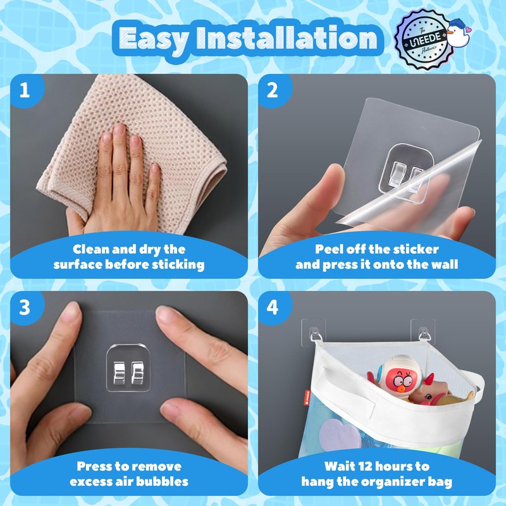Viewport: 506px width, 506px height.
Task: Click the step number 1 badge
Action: pyautogui.click(x=25, y=90)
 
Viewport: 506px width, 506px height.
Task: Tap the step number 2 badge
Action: pyautogui.click(x=273, y=90)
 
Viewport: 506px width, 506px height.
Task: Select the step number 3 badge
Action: pyautogui.click(x=25, y=307)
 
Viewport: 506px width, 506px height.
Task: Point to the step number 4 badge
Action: pyautogui.click(x=273, y=307)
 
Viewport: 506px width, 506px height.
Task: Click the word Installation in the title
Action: pyautogui.click(x=287, y=38)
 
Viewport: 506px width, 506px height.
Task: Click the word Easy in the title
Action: pyautogui.click(x=154, y=39)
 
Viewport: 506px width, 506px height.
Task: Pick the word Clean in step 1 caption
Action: pyautogui.click(x=87, y=249)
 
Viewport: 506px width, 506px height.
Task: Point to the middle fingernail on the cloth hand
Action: pyautogui.click(x=119, y=129)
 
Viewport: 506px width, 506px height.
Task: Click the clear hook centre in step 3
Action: pyautogui.click(x=128, y=368)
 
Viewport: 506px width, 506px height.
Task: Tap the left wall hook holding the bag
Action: pyautogui.click(x=314, y=333)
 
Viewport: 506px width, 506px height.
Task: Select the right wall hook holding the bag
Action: pyautogui.click(x=423, y=333)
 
